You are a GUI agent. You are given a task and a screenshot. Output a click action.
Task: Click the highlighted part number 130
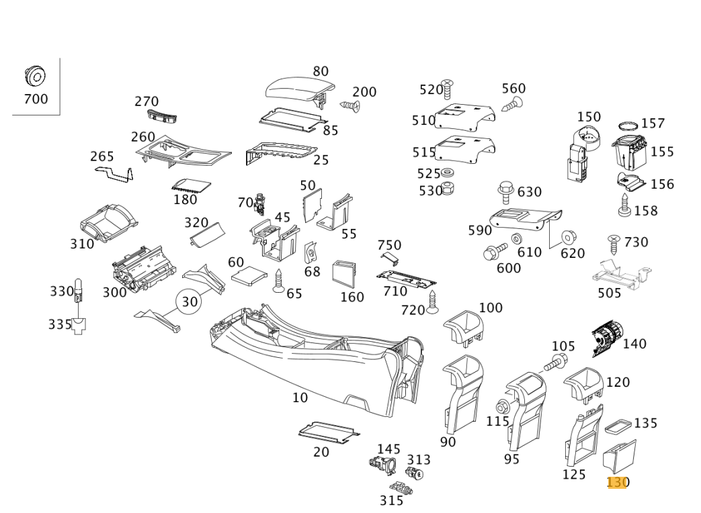[617, 482]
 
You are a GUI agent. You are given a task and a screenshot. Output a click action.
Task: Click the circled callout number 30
[190, 301]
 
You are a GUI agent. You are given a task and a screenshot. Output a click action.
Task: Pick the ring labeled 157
[628, 126]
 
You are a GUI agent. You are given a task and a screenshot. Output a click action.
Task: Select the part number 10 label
[300, 398]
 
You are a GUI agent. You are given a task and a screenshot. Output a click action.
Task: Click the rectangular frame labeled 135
[617, 426]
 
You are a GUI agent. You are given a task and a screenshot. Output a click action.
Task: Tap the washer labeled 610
[516, 238]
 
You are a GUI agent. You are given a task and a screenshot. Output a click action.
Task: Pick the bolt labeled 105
[554, 363]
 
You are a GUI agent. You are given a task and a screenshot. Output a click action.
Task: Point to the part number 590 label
[480, 231]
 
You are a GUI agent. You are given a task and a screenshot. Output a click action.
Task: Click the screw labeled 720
[432, 304]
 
